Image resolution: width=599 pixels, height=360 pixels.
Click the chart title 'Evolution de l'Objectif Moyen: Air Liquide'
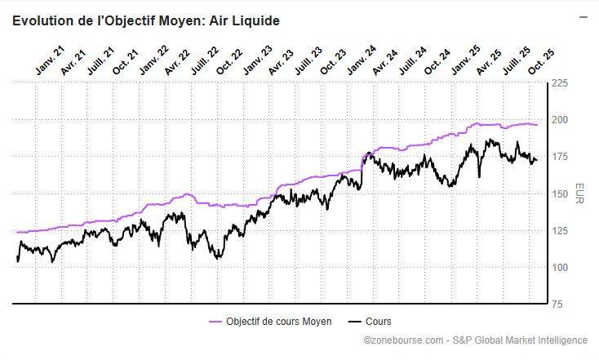point(146,20)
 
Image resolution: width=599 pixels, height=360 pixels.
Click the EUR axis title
point(579,193)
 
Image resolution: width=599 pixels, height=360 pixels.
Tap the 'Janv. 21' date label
point(50,62)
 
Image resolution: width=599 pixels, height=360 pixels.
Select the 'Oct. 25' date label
point(541,62)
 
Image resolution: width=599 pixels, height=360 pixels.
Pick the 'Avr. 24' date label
point(385,62)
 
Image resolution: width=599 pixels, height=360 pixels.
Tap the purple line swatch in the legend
point(215,322)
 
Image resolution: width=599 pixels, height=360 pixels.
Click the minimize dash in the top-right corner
point(583,16)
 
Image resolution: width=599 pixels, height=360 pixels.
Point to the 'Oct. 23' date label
point(335,62)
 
